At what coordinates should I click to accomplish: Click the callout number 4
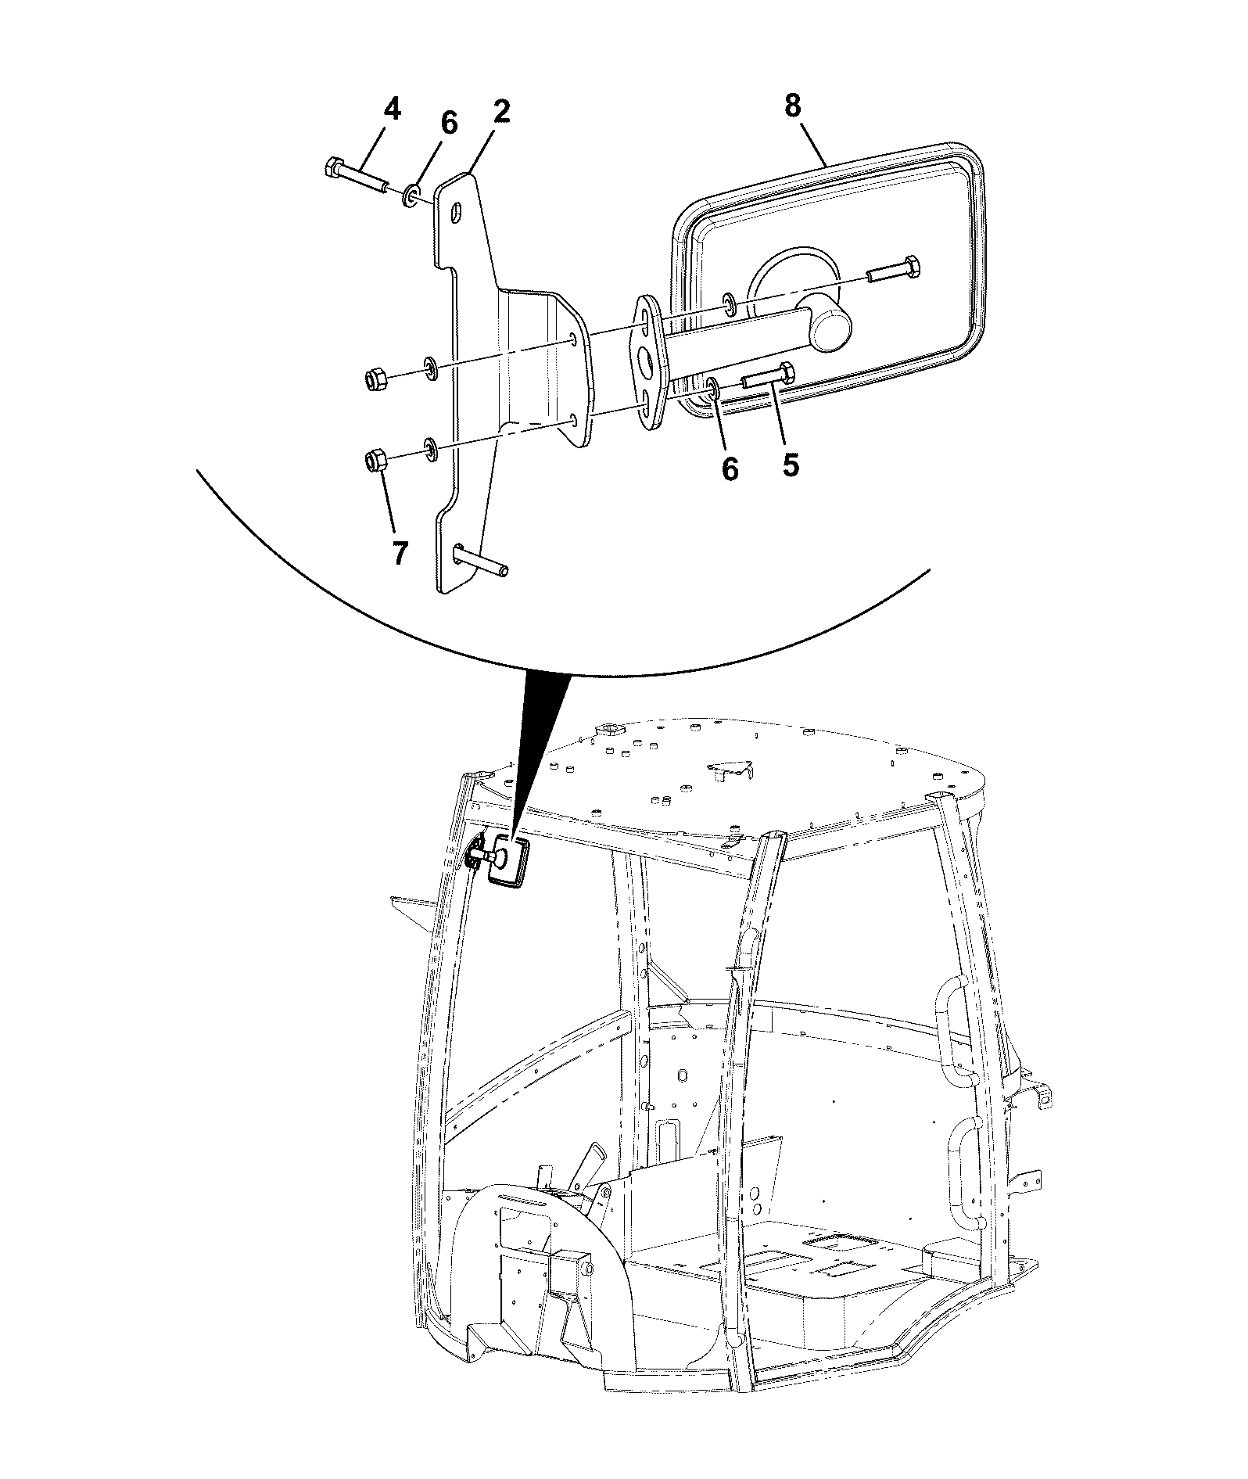(x=392, y=109)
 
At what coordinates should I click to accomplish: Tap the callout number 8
(x=792, y=106)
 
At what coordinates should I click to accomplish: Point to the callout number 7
(x=399, y=553)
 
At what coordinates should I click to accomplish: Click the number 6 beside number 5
(x=729, y=469)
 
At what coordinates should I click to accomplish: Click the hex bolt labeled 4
(x=357, y=178)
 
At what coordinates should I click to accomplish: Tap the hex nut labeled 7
(x=375, y=461)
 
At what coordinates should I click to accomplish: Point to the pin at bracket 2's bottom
(x=481, y=560)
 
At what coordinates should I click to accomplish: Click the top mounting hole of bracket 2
(x=457, y=213)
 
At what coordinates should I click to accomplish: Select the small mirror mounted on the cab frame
(x=507, y=860)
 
